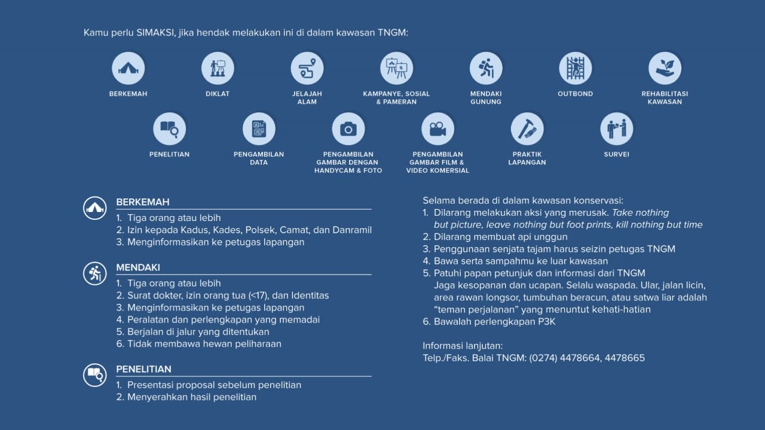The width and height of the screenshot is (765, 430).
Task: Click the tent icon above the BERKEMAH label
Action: pyautogui.click(x=128, y=68)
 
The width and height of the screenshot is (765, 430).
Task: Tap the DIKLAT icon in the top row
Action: pyautogui.click(x=218, y=68)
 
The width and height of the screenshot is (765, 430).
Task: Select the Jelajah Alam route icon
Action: pyautogui.click(x=307, y=68)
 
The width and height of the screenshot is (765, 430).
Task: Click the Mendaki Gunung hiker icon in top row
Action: pyautogui.click(x=486, y=68)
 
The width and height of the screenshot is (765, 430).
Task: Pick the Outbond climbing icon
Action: pyautogui.click(x=575, y=68)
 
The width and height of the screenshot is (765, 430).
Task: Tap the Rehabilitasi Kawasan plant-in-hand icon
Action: pyautogui.click(x=665, y=68)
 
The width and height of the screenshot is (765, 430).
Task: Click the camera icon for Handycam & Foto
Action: pyautogui.click(x=348, y=128)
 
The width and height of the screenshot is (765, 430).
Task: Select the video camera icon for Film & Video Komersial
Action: pyautogui.click(x=437, y=128)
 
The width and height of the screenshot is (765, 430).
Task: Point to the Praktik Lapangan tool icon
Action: pyautogui.click(x=527, y=128)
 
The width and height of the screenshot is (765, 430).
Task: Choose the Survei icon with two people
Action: pyautogui.click(x=616, y=128)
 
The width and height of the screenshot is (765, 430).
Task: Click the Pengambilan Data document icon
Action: pyautogui.click(x=259, y=128)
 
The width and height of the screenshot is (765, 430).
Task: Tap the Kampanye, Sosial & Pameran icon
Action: pyautogui.click(x=396, y=68)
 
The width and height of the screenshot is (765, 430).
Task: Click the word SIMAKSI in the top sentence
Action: pyautogui.click(x=155, y=32)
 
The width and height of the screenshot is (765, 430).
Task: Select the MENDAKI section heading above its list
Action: pyautogui.click(x=138, y=268)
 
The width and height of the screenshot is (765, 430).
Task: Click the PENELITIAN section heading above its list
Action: pyautogui.click(x=143, y=369)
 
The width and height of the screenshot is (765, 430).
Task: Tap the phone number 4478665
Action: pyautogui.click(x=625, y=358)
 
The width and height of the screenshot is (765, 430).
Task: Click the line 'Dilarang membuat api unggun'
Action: pyautogui.click(x=501, y=237)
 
